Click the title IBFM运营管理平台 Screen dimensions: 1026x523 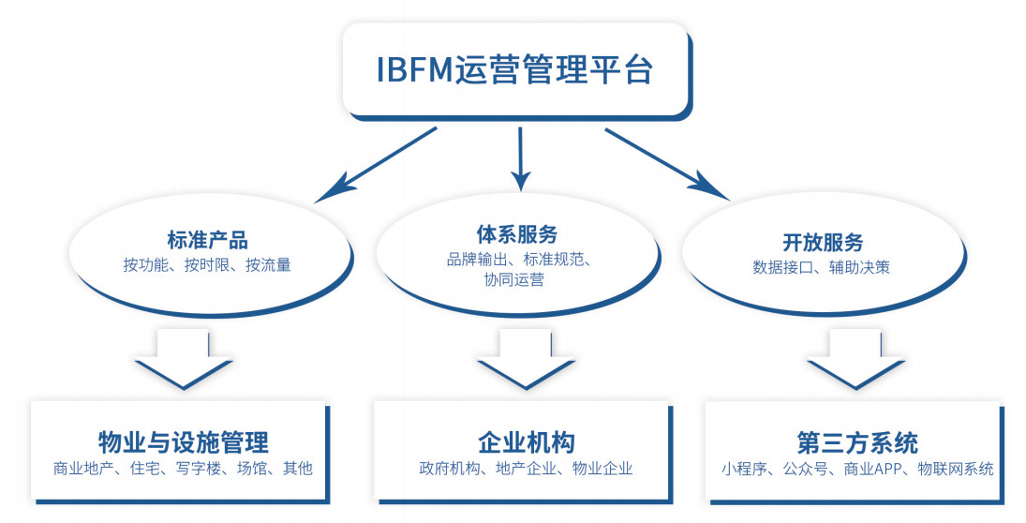[x=514, y=69]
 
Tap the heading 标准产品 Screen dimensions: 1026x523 [x=207, y=240]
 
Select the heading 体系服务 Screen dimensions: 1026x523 [x=517, y=234]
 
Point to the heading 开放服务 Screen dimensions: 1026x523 [x=823, y=242]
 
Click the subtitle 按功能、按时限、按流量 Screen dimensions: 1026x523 [x=207, y=265]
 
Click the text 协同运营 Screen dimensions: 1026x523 [x=514, y=280]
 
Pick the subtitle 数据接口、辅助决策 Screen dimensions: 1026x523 [x=821, y=267]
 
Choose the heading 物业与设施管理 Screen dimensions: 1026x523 [x=184, y=442]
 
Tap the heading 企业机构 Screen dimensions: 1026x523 [x=526, y=442]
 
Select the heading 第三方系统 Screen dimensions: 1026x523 [x=857, y=443]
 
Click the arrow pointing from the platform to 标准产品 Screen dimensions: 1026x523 [x=376, y=164]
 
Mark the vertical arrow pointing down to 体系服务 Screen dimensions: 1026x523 [x=520, y=158]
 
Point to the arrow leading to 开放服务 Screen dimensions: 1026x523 [x=667, y=164]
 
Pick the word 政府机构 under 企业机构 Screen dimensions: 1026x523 [x=450, y=469]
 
